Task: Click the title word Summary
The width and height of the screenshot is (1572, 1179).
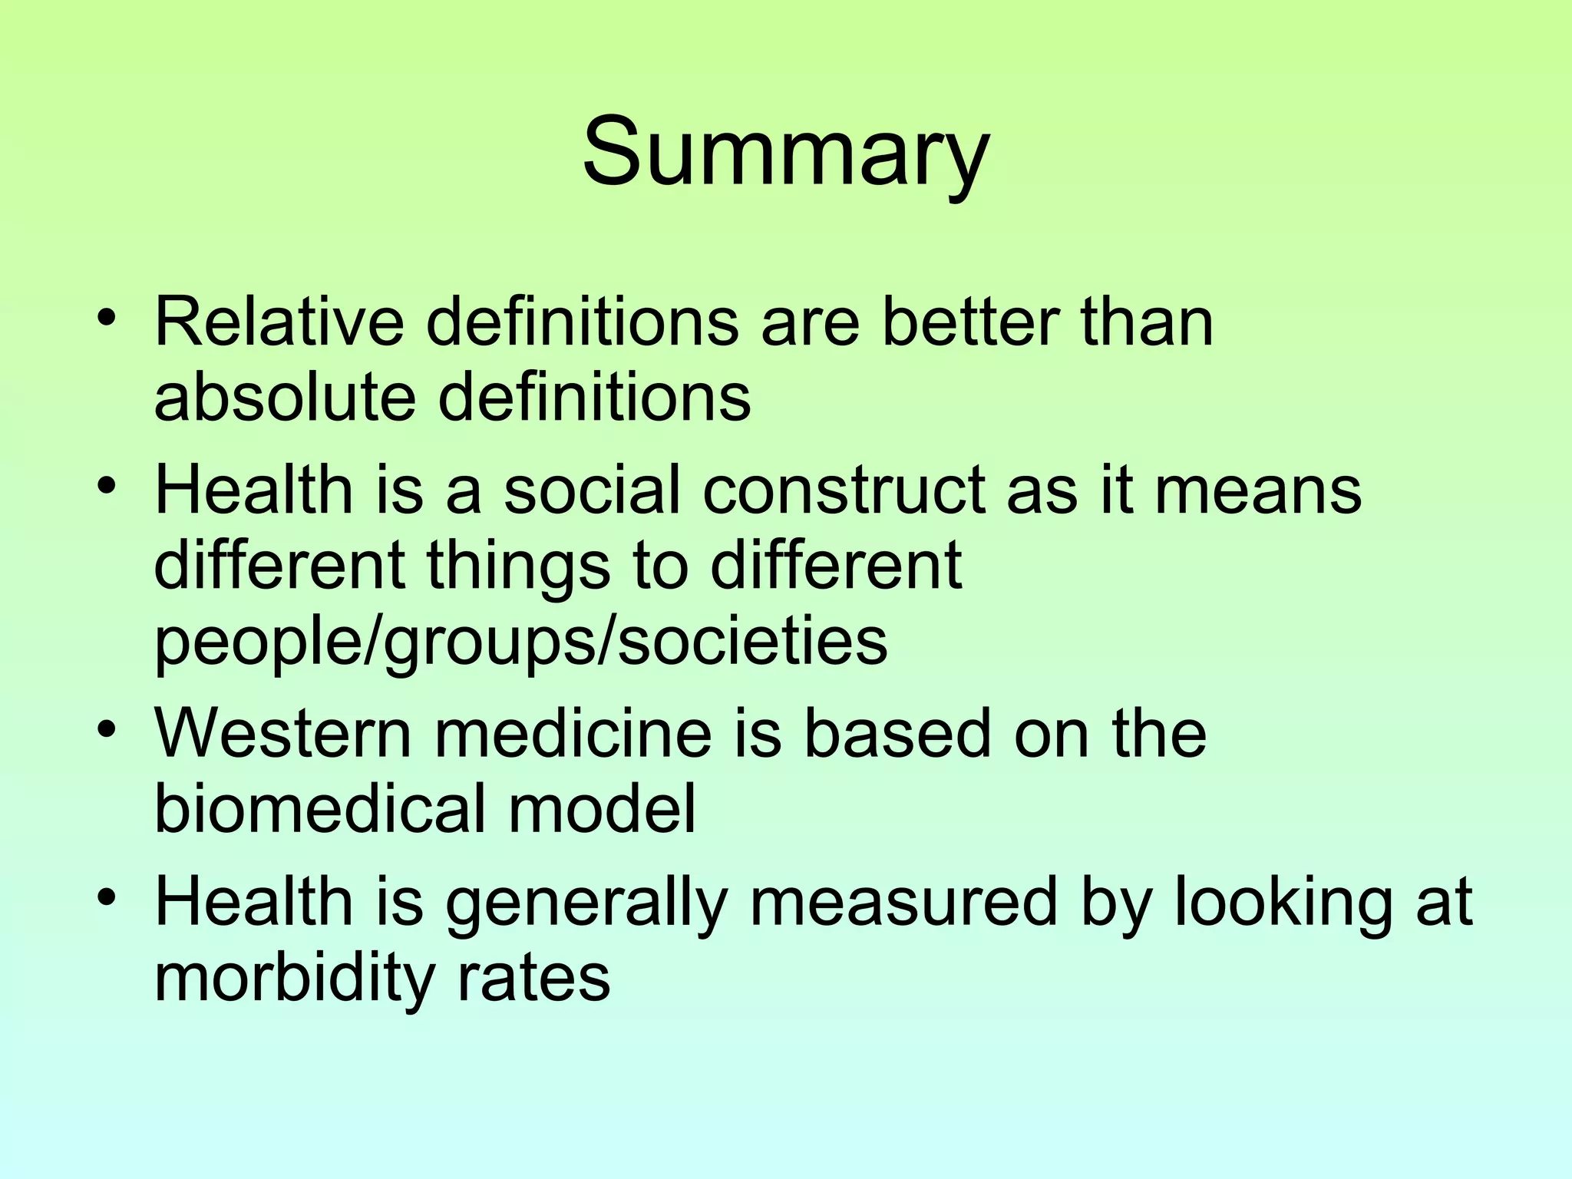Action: point(785,151)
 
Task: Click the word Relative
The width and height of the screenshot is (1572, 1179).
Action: point(279,322)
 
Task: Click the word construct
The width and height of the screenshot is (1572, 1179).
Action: point(844,490)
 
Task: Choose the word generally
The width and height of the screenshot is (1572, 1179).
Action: point(586,904)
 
